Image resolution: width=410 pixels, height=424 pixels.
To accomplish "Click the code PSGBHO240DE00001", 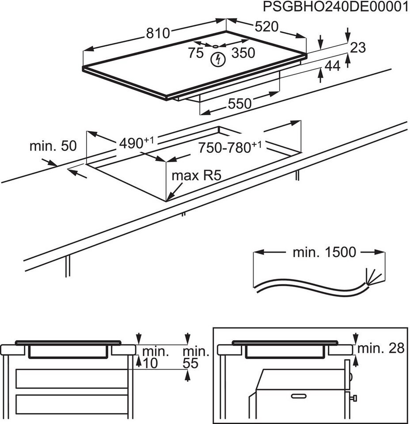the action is point(336,7).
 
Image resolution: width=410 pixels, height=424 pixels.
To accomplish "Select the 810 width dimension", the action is point(158,33).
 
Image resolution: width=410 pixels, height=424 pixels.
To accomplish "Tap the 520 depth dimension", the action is point(266,26).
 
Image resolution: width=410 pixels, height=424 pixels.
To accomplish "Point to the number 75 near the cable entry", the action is point(196,53).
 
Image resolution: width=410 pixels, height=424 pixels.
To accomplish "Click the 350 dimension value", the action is point(243,53).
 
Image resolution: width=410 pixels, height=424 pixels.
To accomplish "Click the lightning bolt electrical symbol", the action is point(218,60).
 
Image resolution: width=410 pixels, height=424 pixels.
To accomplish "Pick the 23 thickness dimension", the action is point(358,48).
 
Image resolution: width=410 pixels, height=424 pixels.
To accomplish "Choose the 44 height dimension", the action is point(332,66).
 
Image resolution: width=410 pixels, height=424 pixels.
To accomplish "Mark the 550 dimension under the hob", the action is point(239,103).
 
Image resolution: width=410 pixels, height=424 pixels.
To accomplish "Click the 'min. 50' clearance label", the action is point(53,146).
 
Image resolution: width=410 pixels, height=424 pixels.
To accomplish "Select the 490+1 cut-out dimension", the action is point(136,143).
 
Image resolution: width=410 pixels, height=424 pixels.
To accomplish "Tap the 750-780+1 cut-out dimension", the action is point(230,147).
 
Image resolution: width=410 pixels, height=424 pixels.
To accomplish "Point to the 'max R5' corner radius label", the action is point(196,176).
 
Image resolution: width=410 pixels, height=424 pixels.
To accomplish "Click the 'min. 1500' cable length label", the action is point(324,252).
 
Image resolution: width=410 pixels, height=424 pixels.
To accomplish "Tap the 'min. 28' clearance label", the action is point(381,348).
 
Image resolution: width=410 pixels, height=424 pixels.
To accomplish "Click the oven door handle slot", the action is point(299,396).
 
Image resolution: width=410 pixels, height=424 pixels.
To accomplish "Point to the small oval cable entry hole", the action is point(216,46).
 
